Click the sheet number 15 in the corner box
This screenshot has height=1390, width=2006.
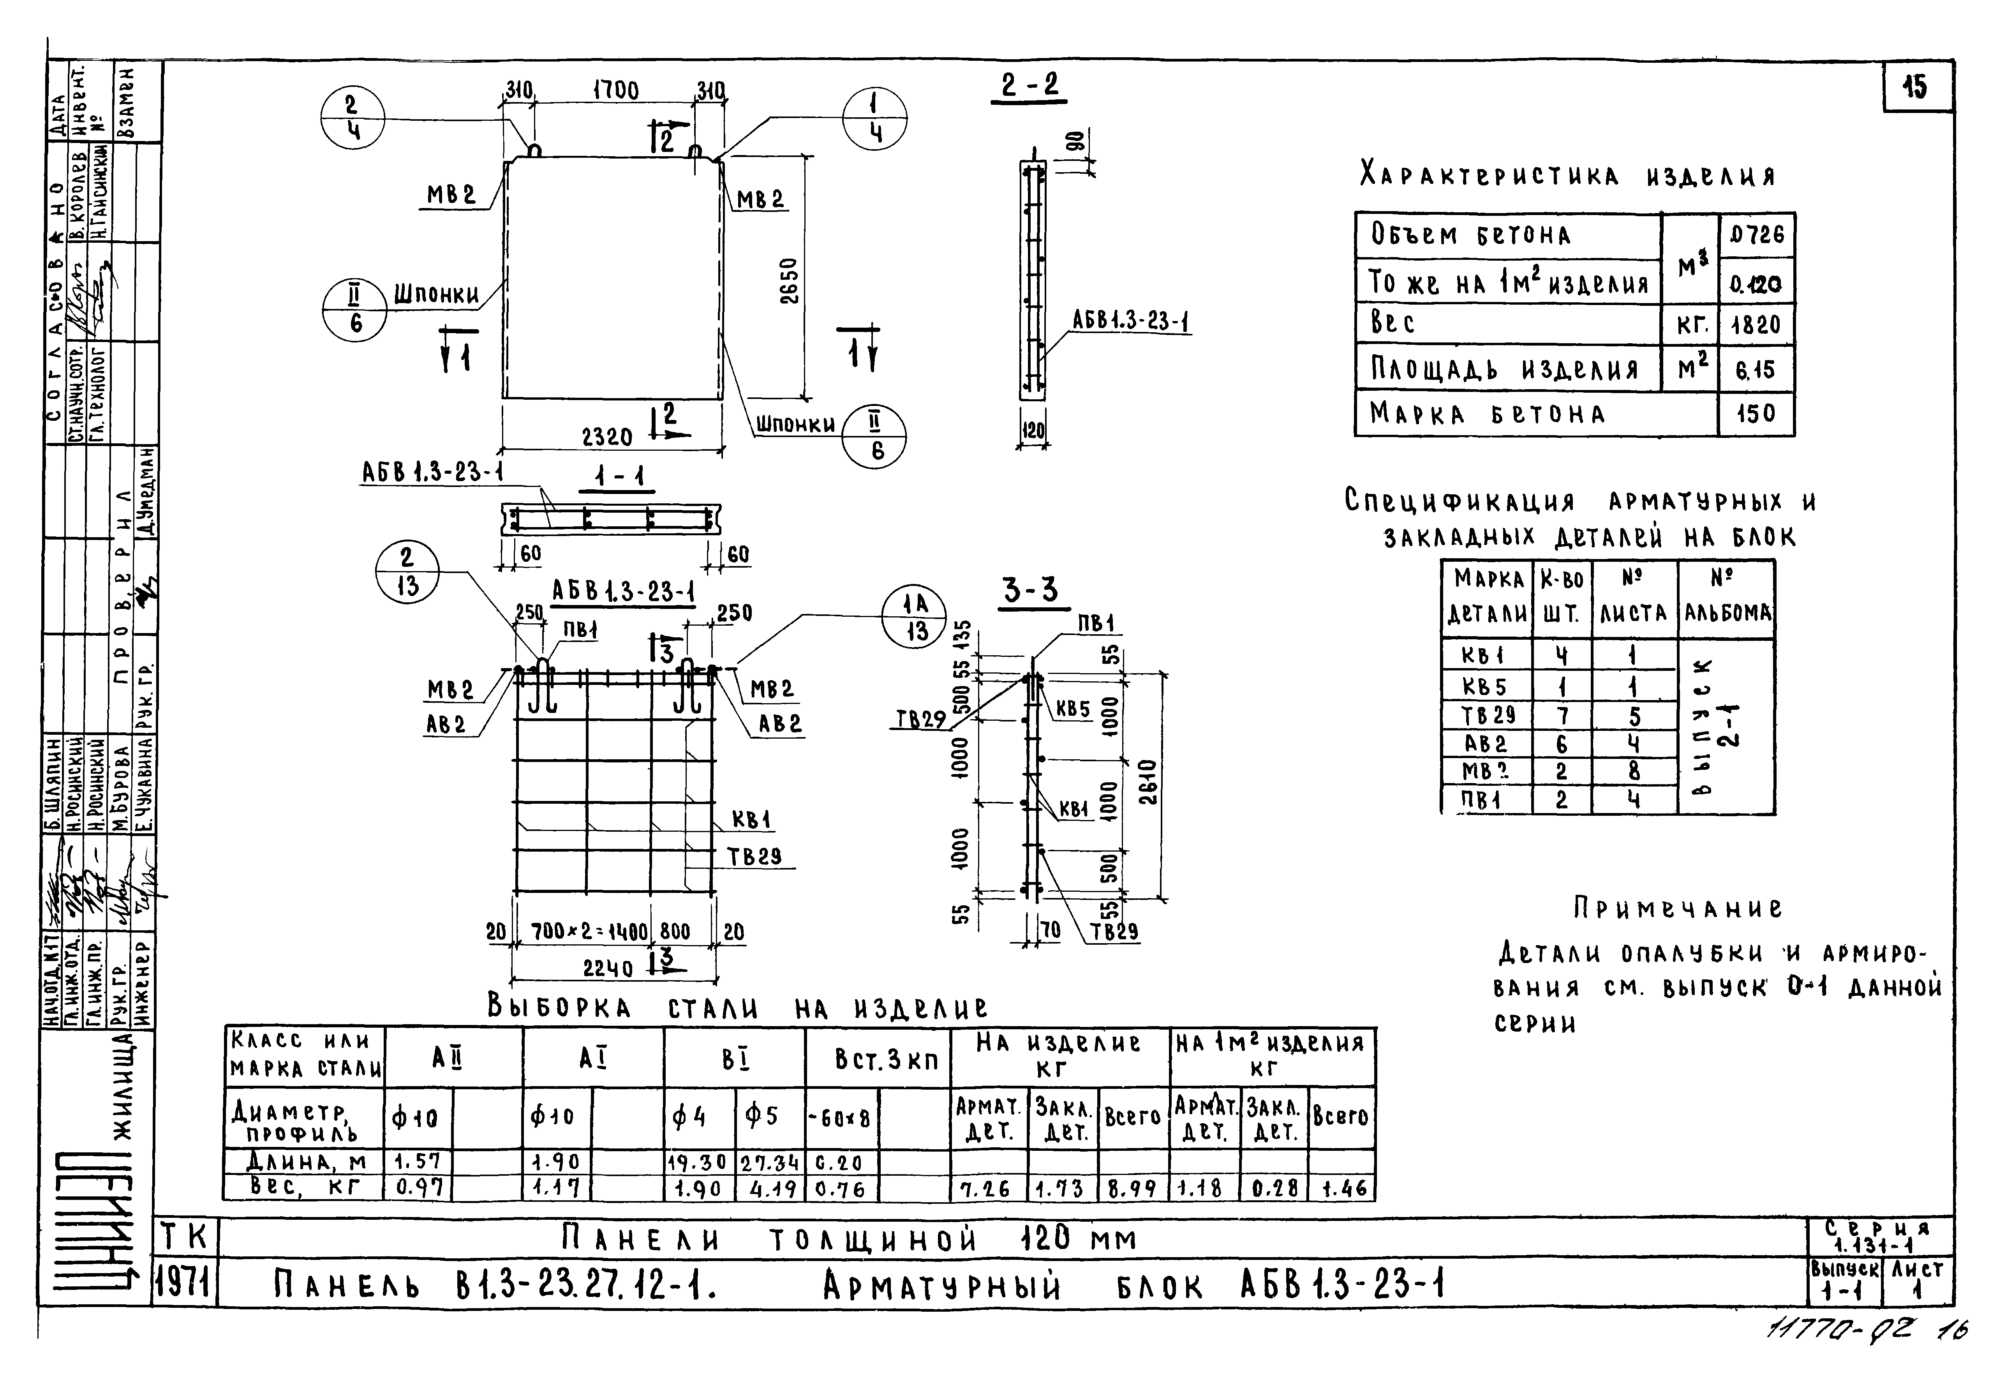(1916, 87)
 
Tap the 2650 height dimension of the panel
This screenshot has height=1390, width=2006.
(789, 280)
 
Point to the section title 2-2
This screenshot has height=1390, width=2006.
(1029, 85)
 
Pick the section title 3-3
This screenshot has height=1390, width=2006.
(1030, 591)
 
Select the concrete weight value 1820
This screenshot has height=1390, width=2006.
(1755, 325)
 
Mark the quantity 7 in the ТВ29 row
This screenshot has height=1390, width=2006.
(1561, 716)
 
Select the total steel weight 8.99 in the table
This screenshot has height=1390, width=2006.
(1132, 1188)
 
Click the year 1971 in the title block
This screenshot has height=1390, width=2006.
(185, 1283)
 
